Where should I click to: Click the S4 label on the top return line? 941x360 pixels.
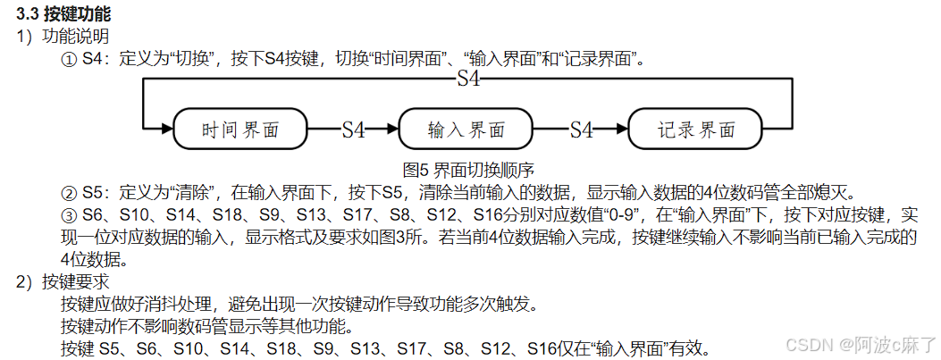pyautogui.click(x=468, y=80)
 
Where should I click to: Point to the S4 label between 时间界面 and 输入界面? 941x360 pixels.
pyautogui.click(x=354, y=130)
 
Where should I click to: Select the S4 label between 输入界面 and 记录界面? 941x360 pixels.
pyautogui.click(x=582, y=130)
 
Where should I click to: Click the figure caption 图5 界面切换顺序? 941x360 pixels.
pyautogui.click(x=469, y=170)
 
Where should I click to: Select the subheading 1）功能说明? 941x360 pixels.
pyautogui.click(x=63, y=38)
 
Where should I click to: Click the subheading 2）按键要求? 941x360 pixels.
pyautogui.click(x=63, y=282)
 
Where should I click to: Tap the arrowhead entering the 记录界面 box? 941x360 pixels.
pyautogui.click(x=622, y=130)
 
